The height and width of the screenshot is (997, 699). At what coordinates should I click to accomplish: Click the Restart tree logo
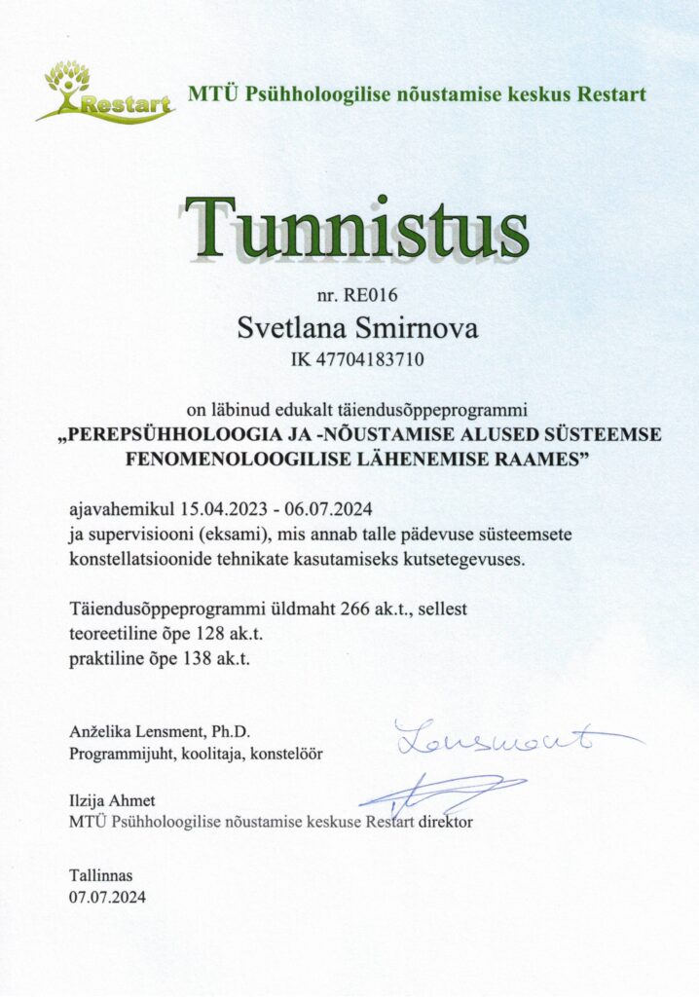point(105,92)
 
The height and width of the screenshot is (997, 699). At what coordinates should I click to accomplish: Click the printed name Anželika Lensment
point(134,731)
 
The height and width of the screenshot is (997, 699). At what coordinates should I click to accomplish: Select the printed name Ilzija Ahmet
point(112,800)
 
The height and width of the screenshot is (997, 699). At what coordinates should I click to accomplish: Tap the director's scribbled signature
point(443,793)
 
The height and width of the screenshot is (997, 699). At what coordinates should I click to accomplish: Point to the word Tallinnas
point(100,874)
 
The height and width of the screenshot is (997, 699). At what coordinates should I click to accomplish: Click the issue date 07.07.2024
point(106,897)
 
